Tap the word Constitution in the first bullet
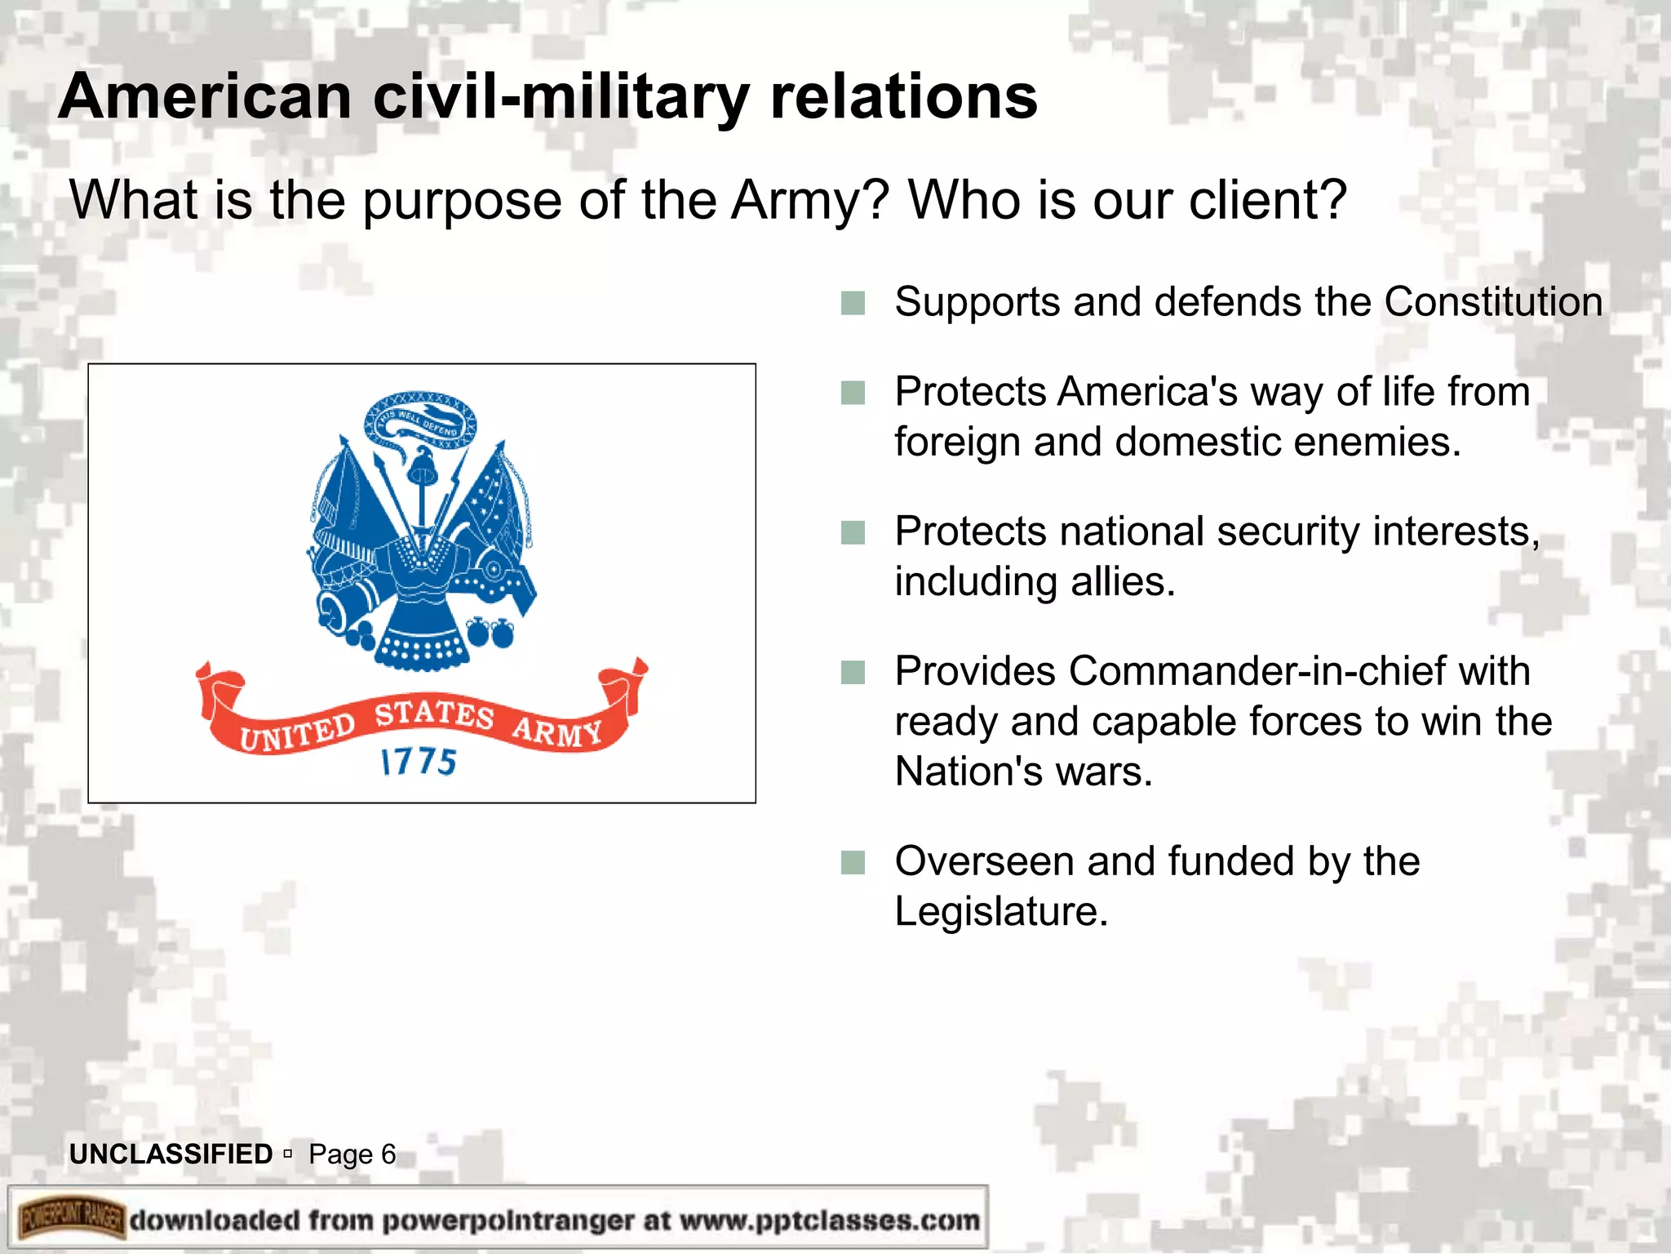[x=1493, y=302]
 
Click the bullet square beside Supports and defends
[x=853, y=303]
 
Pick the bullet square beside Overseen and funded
[x=853, y=862]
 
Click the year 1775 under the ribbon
[x=419, y=762]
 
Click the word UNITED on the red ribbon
[x=297, y=731]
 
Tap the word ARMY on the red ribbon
[x=557, y=730]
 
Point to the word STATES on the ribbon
[x=434, y=713]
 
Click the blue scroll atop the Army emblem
[x=420, y=420]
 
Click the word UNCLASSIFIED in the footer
[x=171, y=1154]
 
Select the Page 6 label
[x=352, y=1154]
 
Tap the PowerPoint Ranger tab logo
[x=72, y=1220]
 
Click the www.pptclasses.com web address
[x=829, y=1221]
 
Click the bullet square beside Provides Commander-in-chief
[x=853, y=673]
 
